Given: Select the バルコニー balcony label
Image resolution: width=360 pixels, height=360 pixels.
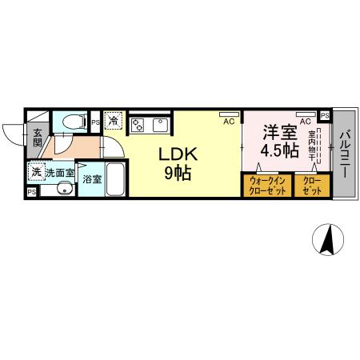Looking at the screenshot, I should [346, 154].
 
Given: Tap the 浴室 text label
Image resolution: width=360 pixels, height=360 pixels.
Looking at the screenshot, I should [91, 178].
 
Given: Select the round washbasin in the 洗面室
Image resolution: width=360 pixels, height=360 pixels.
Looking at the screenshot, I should [63, 190].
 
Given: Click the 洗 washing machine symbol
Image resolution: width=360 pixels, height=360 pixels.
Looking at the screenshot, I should [36, 171].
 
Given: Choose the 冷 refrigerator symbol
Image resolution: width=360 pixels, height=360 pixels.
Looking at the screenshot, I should [114, 121].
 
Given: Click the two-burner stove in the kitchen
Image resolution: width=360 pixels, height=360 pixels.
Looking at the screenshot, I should [138, 125].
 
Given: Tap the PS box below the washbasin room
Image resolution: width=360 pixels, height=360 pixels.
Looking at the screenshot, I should [31, 192].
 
